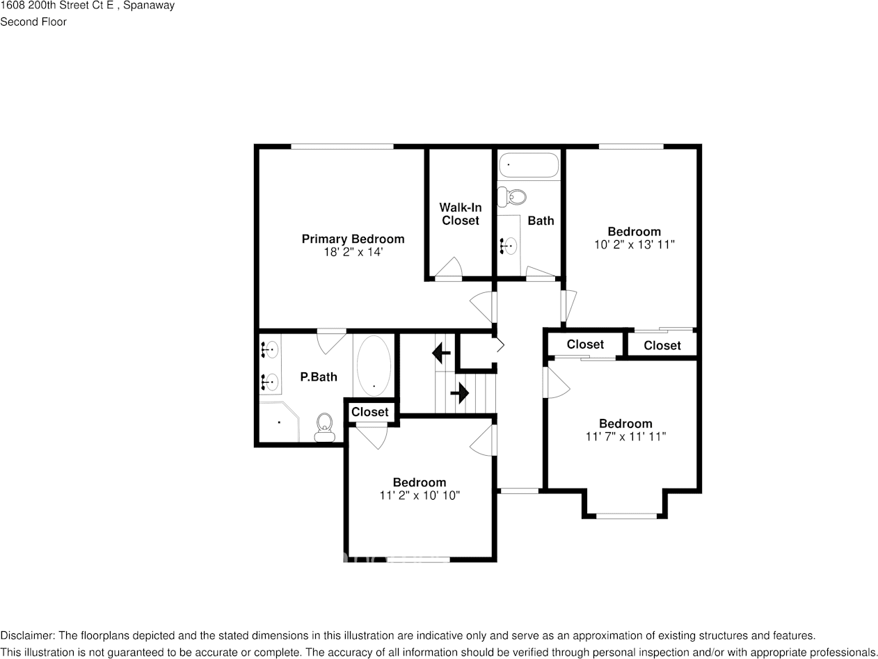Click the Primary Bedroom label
pyautogui.click(x=353, y=239)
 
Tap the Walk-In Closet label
pyautogui.click(x=460, y=214)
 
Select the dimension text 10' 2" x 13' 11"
pyautogui.click(x=634, y=245)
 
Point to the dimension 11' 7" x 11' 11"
pyautogui.click(x=625, y=437)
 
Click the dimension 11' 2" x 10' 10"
pyautogui.click(x=420, y=495)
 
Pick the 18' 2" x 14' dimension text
pyautogui.click(x=353, y=253)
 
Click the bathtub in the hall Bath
pyautogui.click(x=529, y=165)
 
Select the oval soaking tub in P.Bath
pyautogui.click(x=374, y=366)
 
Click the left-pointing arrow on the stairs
pyautogui.click(x=442, y=353)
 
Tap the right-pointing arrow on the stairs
pyautogui.click(x=459, y=394)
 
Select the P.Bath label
pyautogui.click(x=319, y=377)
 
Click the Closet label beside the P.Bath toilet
pyautogui.click(x=369, y=412)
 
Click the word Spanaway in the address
pyautogui.click(x=149, y=6)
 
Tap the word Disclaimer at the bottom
pyautogui.click(x=26, y=635)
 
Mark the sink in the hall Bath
pyautogui.click(x=509, y=245)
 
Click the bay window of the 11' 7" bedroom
pyautogui.click(x=625, y=516)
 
